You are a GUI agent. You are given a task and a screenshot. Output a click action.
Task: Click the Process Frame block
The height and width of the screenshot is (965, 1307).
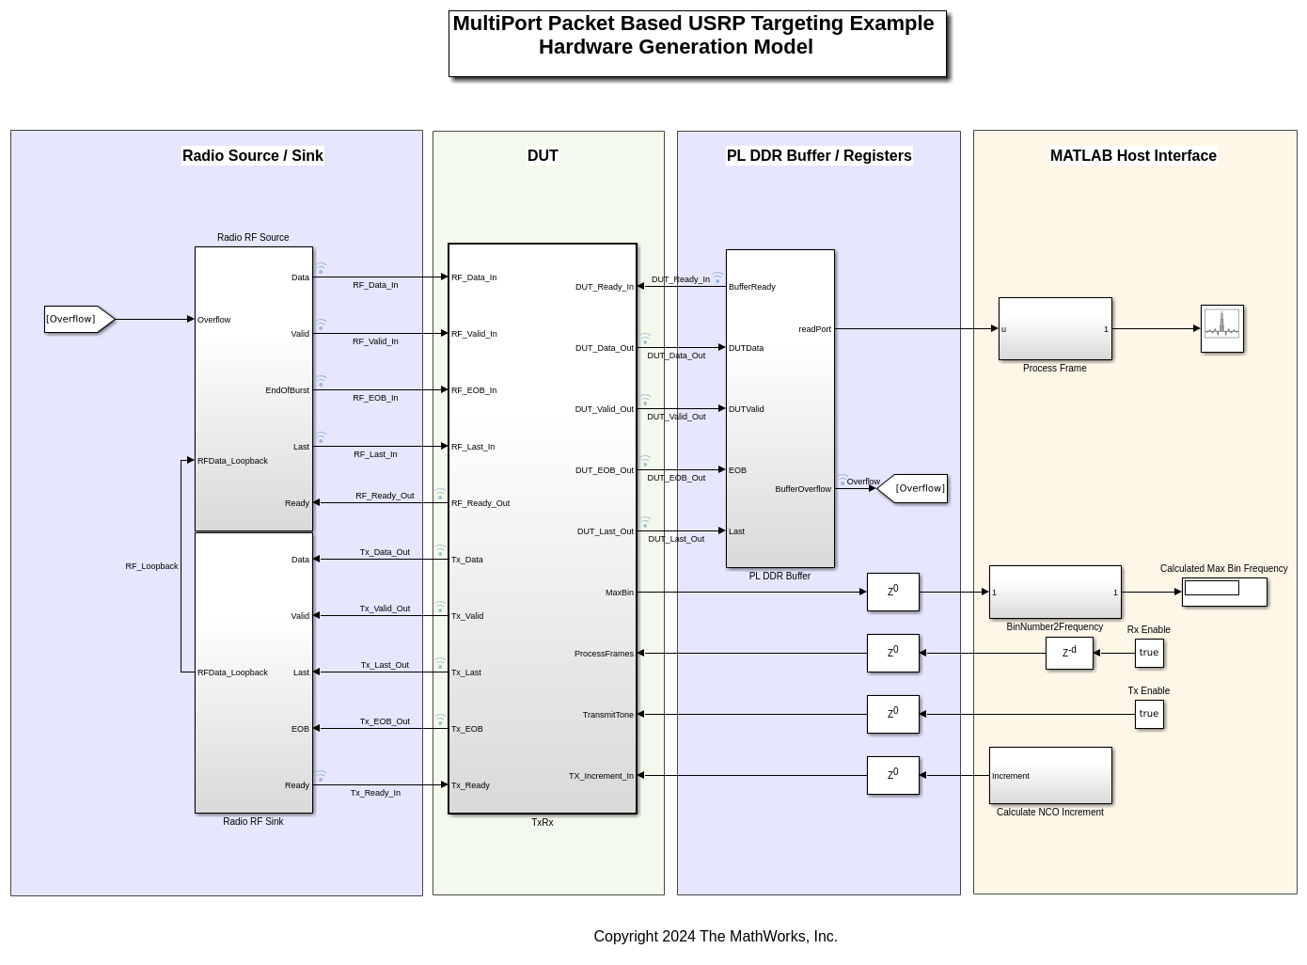1055,329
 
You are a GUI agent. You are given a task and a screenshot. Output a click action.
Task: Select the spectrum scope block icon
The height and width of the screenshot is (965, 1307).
1221,328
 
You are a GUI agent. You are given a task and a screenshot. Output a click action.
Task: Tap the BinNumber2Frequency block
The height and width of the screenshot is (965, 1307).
1055,592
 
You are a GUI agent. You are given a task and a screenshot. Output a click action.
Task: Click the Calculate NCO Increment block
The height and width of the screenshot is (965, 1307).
1050,775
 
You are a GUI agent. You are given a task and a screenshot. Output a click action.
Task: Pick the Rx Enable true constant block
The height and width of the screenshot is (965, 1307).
1149,653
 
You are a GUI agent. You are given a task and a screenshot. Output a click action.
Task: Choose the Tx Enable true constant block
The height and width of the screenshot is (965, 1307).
1149,714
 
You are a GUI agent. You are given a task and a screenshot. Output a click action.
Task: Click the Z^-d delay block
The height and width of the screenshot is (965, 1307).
1069,653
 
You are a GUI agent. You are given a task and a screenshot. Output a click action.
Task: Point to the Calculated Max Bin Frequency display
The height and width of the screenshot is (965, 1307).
1224,592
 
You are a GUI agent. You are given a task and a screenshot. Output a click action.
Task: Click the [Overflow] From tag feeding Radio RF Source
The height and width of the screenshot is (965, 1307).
79,319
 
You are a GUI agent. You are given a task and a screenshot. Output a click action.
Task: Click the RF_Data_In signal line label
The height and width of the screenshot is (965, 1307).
375,285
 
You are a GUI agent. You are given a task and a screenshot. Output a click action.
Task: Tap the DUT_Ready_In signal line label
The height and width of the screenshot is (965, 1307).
680,279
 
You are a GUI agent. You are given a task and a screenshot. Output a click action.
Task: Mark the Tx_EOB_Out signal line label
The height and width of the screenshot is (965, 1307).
385,721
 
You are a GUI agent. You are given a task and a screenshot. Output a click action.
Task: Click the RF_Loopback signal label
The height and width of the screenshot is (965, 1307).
151,566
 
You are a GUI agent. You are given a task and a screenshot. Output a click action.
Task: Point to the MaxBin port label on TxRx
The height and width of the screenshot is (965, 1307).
619,593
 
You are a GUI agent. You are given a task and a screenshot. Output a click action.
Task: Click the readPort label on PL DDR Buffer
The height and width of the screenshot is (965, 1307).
814,329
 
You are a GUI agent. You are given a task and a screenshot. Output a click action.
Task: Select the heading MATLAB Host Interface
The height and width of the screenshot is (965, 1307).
1133,156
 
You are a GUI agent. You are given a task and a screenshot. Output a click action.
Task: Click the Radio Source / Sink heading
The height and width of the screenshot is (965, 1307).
252,156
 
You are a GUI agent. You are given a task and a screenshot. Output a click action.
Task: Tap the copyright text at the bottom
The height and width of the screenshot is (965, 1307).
715,936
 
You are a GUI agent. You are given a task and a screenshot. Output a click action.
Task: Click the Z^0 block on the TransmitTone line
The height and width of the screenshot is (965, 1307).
892,714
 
